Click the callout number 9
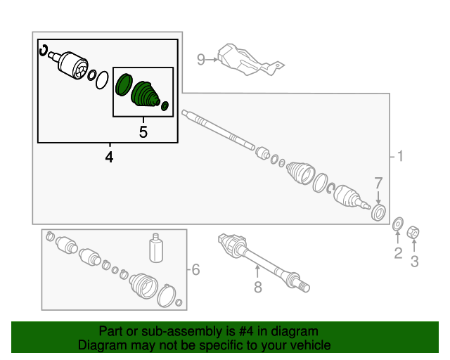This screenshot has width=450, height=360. tap(201, 60)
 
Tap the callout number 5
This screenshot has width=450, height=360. tap(143, 132)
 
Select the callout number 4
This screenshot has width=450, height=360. tap(109, 157)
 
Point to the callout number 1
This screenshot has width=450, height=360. tap(400, 157)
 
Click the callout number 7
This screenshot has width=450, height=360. tap(378, 183)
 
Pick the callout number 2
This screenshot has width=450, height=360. tap(398, 253)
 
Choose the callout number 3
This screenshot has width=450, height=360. tap(414, 262)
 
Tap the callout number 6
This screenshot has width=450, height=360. tap(195, 269)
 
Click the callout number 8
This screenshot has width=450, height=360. tap(258, 287)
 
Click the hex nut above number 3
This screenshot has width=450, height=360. tap(413, 232)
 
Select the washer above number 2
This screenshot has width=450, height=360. tap(398, 224)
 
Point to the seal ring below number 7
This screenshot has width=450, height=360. tap(378, 212)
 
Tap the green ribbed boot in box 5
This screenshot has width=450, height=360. tap(145, 94)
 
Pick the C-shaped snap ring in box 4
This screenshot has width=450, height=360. tap(44, 50)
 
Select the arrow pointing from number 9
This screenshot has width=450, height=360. tap(212, 60)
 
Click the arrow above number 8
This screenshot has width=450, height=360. tap(257, 272)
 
